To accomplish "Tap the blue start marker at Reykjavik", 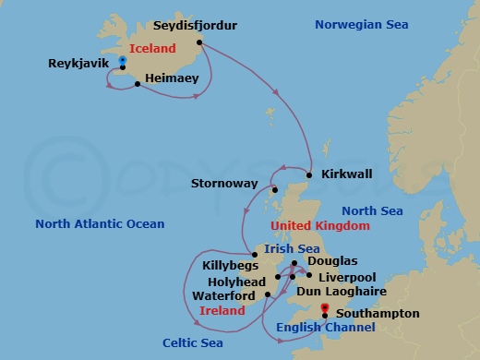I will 122,61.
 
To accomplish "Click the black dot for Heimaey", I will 138,85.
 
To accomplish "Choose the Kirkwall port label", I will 345,174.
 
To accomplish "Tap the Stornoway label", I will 224,184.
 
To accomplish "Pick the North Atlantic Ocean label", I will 100,224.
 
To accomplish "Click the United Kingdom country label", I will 319,225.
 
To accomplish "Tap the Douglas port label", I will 332,261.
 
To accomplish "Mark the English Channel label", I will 325,328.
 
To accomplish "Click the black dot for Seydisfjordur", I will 200,41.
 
